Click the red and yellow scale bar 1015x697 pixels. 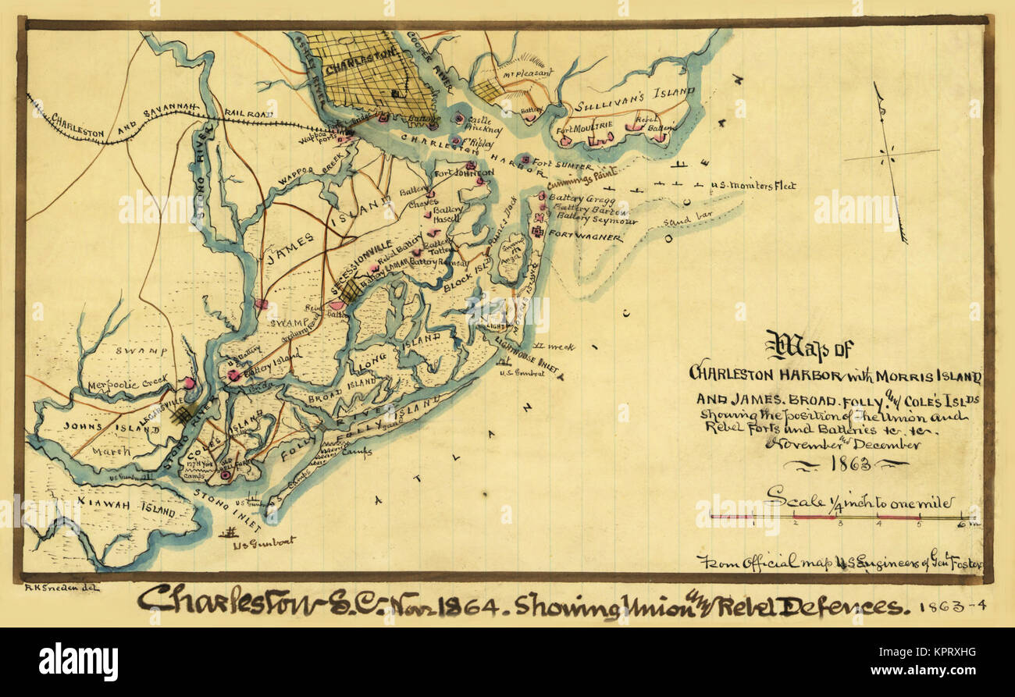pyautogui.click(x=843, y=517)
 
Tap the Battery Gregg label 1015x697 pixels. pyautogui.click(x=575, y=200)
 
